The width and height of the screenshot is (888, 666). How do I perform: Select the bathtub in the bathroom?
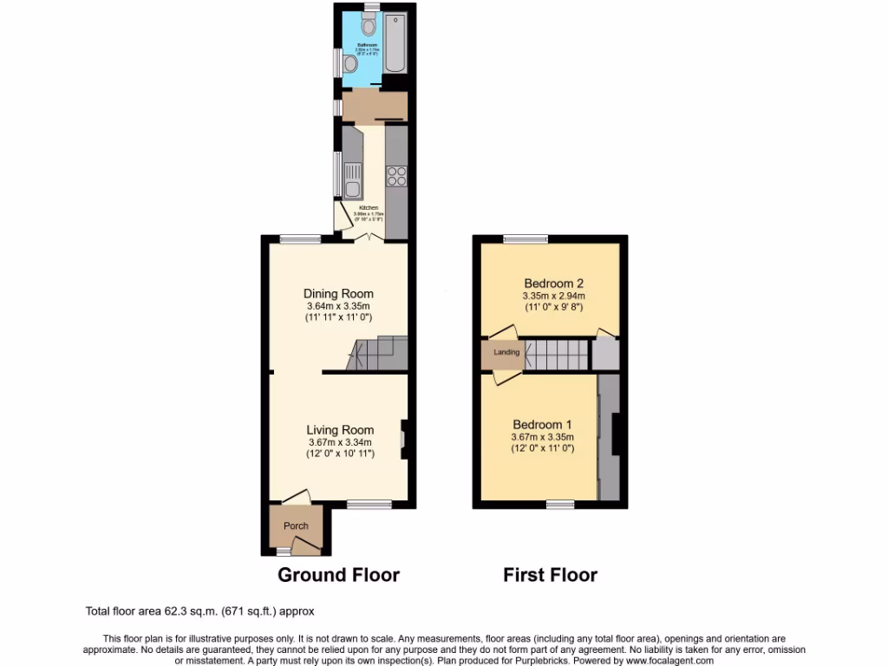pos(395,43)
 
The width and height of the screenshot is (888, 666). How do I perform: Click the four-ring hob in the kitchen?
pos(396,176)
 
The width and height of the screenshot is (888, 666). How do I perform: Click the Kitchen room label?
pos(369,208)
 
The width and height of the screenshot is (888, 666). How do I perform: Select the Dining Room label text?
pos(338,294)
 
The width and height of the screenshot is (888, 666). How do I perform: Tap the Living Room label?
pos(340,430)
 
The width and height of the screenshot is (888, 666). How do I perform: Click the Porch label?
pos(296,526)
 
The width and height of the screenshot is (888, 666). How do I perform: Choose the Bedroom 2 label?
pos(553,284)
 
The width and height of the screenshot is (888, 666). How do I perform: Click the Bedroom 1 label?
pos(542,424)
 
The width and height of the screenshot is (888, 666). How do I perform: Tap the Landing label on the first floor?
pos(506,353)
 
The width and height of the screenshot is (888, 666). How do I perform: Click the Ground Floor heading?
pos(338,574)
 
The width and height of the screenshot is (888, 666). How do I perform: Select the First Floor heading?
pos(550,574)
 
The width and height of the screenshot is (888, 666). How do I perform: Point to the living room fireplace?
pos(403,438)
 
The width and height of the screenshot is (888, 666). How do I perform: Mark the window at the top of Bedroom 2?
pos(525,239)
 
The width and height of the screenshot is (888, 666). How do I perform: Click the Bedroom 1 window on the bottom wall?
pos(559,504)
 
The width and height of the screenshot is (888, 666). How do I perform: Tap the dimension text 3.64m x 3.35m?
pos(338,306)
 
